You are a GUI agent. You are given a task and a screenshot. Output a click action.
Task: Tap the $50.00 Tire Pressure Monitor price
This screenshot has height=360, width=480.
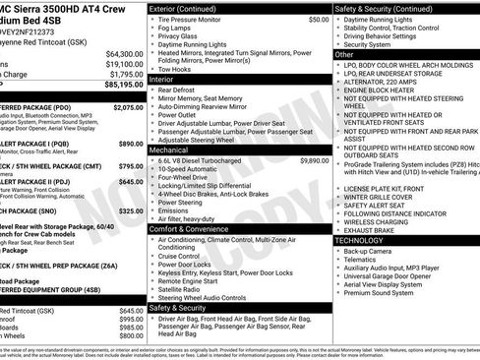(319, 20)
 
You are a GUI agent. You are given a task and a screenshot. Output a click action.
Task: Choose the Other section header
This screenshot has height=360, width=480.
(345, 55)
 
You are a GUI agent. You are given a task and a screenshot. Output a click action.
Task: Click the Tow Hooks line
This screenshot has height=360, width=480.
(176, 70)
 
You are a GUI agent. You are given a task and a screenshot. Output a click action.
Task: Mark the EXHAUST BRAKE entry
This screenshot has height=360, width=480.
(377, 230)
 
